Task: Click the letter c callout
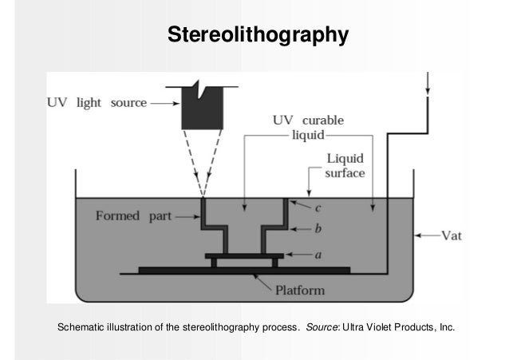(x=318, y=208)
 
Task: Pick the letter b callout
(x=318, y=231)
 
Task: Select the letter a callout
(x=318, y=255)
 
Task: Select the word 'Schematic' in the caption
(x=78, y=327)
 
